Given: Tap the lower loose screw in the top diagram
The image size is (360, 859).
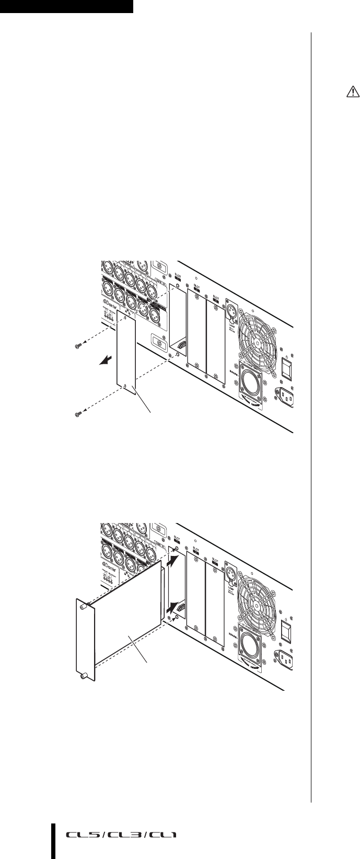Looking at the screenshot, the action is click(x=77, y=415).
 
